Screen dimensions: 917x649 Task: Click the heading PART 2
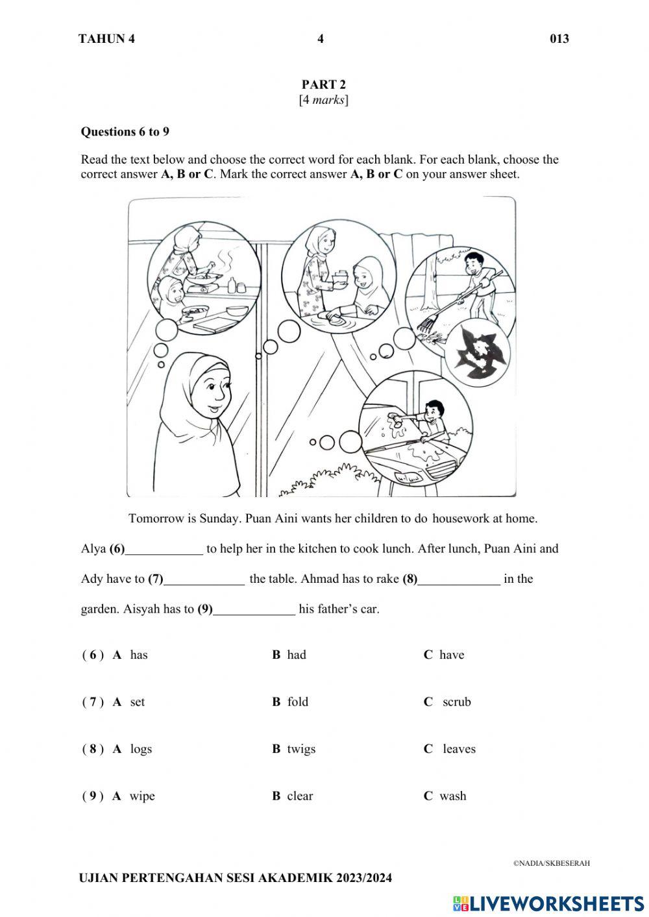click(x=323, y=84)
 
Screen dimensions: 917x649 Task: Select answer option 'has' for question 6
click(x=138, y=655)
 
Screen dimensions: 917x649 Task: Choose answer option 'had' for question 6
click(x=296, y=655)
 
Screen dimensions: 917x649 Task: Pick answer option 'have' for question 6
click(x=451, y=655)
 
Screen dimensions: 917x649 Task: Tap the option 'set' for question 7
click(x=137, y=702)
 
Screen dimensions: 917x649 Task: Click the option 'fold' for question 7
click(x=297, y=702)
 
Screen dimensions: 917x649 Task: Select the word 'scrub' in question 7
click(x=456, y=702)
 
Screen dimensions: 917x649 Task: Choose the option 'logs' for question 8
click(x=140, y=749)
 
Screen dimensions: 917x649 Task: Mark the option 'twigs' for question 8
click(x=301, y=749)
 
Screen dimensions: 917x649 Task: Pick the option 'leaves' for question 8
click(x=459, y=749)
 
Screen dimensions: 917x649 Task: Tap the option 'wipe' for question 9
click(x=141, y=796)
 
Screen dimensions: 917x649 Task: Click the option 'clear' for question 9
click(x=300, y=796)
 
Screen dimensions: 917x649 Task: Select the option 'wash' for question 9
click(x=452, y=796)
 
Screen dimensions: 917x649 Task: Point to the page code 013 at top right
click(x=559, y=39)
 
